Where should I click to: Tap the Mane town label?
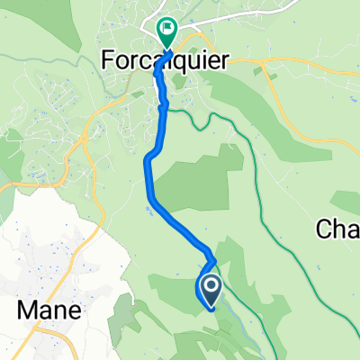tap(50, 310)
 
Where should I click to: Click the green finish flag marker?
tap(166, 32)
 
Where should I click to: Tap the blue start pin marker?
tap(211, 291)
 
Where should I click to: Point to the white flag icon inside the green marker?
tap(166, 29)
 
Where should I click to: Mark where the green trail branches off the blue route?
tap(165, 107)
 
